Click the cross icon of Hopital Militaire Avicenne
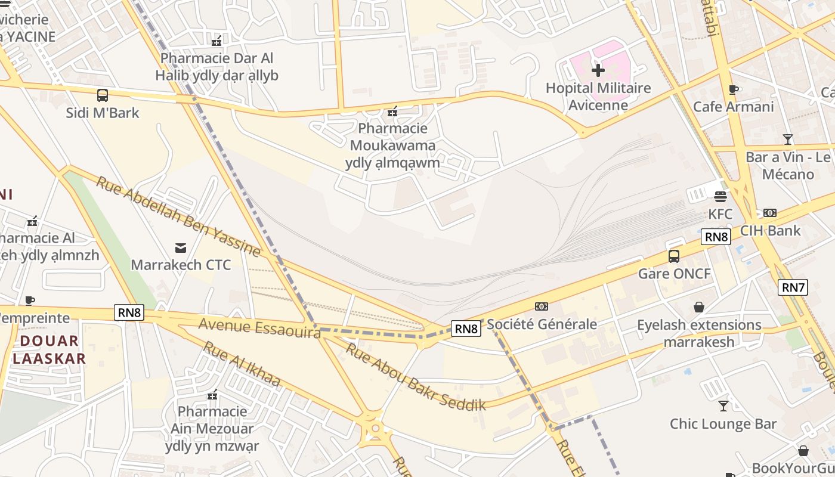pos(598,71)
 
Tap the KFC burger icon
pos(720,196)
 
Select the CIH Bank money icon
pos(770,213)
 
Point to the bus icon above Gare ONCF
pos(674,256)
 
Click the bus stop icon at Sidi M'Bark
pos(103,95)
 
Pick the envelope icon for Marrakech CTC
pos(180,247)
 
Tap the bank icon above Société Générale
pos(542,306)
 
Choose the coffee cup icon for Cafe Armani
pos(733,89)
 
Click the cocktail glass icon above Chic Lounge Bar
pos(723,406)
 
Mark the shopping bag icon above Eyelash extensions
pos(699,307)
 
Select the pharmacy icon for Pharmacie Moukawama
pos(392,111)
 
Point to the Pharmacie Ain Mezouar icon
pos(212,395)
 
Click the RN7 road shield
pos(793,287)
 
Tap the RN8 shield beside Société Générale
pos(466,329)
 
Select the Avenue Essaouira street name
pos(259,327)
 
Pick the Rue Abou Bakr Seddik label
pos(416,378)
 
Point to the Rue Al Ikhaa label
pos(242,364)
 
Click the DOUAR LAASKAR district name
pos(50,349)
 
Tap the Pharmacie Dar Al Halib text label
pos(217,67)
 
